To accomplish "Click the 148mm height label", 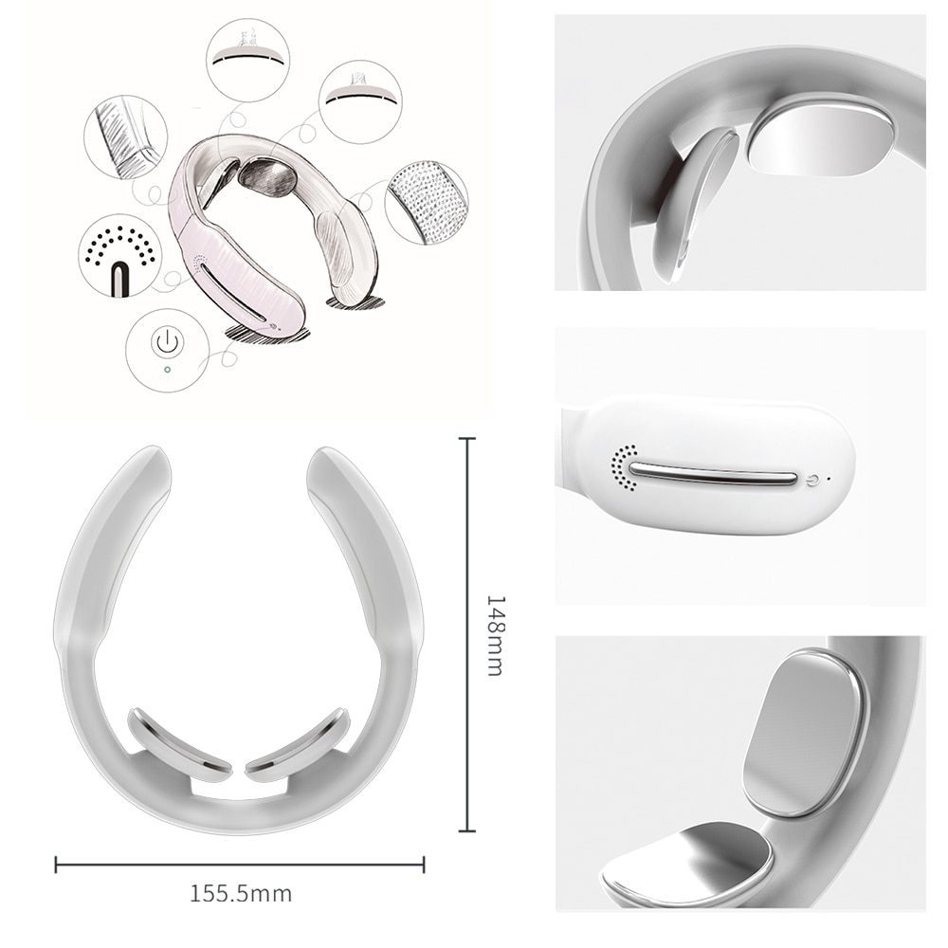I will [x=495, y=635].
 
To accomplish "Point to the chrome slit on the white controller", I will [x=713, y=474].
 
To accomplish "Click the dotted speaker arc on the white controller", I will [x=624, y=467].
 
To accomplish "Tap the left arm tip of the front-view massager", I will [x=150, y=463].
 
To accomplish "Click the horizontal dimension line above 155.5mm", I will [x=240, y=864].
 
